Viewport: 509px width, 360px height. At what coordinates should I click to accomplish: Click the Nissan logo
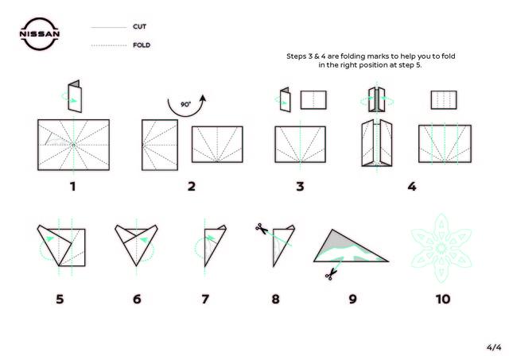[39, 34]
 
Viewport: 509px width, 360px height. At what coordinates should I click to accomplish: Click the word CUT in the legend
[140, 26]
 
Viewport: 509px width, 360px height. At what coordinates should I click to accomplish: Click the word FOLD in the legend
[142, 45]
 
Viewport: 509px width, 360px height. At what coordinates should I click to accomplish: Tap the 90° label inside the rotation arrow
[185, 104]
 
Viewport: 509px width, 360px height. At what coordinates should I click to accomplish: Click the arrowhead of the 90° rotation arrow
[203, 99]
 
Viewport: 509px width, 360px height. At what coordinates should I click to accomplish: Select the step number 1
[72, 187]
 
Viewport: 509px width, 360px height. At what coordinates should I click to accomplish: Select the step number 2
[192, 187]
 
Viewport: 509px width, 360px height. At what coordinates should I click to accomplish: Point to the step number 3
[301, 187]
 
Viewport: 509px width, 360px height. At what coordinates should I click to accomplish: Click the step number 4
[412, 187]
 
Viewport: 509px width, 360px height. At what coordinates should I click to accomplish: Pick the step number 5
[60, 299]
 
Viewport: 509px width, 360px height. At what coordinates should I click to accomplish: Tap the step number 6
[137, 299]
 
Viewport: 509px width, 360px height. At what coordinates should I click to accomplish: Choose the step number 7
[205, 299]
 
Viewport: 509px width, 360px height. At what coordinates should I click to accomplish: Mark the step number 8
[276, 299]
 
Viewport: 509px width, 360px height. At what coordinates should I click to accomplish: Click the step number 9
[353, 299]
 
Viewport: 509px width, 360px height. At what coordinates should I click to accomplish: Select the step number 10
[443, 299]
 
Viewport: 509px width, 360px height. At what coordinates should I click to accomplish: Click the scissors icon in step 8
[262, 228]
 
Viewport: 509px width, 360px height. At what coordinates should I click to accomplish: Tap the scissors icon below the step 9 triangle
[331, 274]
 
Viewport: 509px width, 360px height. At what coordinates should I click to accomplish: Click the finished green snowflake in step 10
[441, 248]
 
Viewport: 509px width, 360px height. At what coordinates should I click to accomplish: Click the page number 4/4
[494, 347]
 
